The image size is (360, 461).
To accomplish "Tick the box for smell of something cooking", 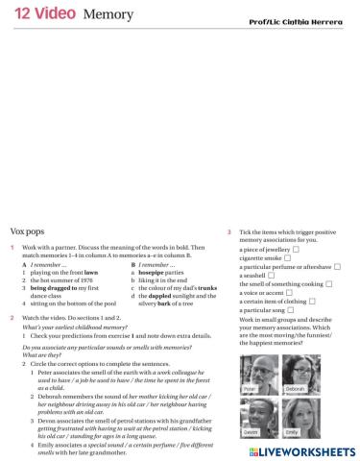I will [329, 284].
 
